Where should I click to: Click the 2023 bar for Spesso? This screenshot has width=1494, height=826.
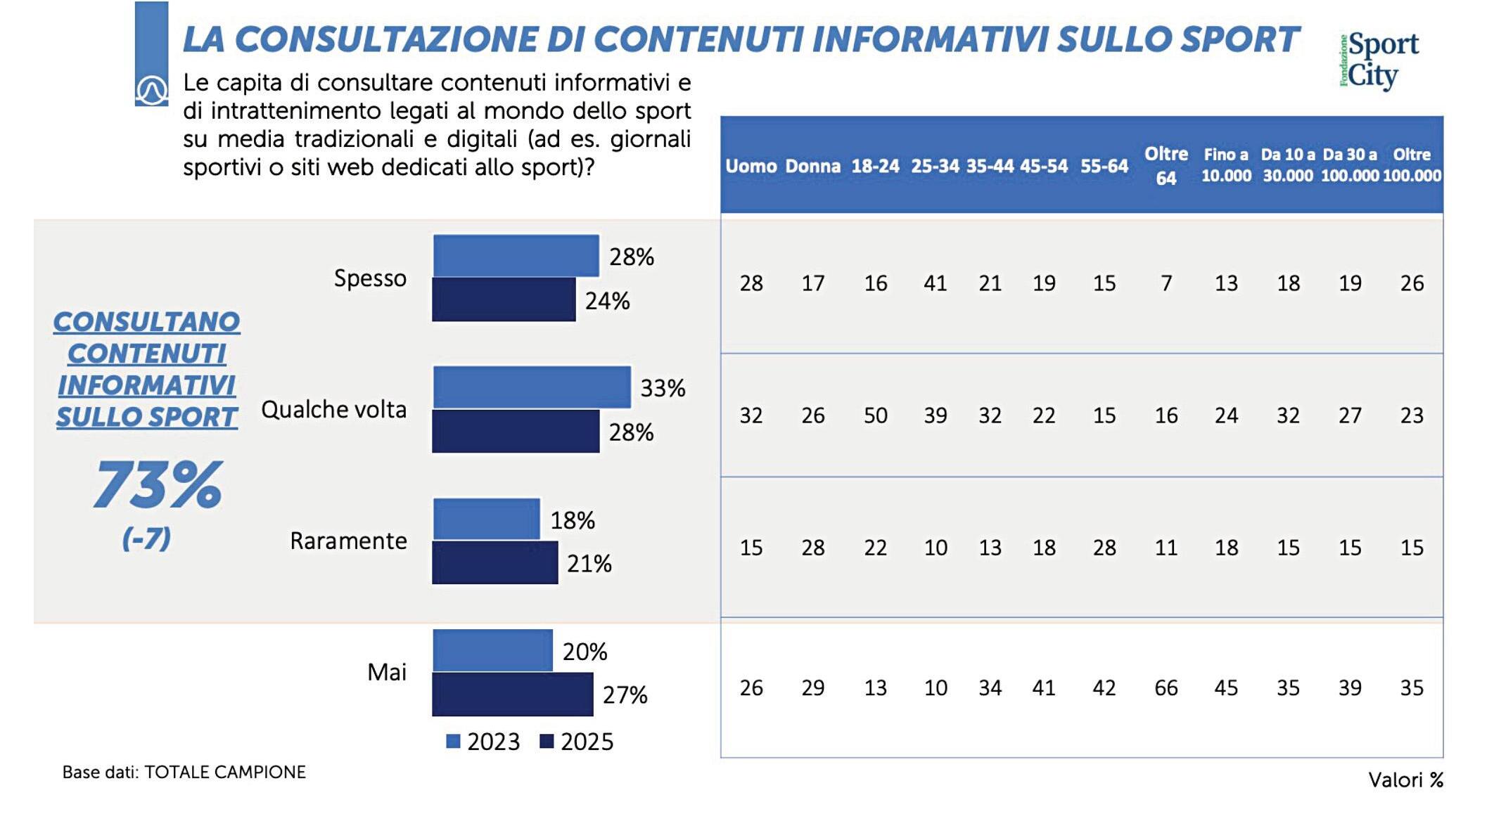point(516,256)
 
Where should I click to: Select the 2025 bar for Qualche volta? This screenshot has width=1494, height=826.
point(516,431)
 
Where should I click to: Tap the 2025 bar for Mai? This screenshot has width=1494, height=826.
point(513,695)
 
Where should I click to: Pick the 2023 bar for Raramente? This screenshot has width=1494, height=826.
point(486,520)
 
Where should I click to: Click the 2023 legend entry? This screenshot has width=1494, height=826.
point(484,742)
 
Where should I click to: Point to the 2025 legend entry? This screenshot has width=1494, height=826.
point(577,742)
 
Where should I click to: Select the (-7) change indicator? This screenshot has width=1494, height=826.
point(146,539)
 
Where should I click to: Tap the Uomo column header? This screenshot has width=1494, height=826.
point(751,167)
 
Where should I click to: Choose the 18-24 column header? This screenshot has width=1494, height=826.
point(875,167)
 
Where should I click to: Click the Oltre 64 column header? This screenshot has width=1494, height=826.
point(1166,166)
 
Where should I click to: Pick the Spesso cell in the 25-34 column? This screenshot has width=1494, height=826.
point(935,283)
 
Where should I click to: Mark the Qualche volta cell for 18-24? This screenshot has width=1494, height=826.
point(875,415)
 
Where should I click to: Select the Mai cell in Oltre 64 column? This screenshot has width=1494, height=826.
point(1166,688)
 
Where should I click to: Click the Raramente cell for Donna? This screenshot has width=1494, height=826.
point(812,548)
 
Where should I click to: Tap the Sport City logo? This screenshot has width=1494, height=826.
point(1379,61)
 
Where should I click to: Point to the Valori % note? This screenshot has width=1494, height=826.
point(1405,780)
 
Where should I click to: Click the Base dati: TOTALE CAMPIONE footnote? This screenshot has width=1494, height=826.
point(184,773)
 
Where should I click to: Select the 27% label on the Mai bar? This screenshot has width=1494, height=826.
point(625,695)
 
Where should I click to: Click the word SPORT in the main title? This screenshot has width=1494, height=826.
point(1239,39)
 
